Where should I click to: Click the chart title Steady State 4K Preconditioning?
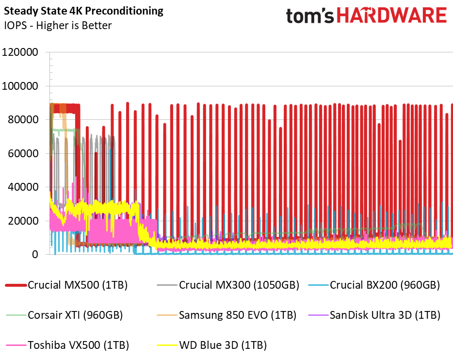pyautogui.click(x=84, y=11)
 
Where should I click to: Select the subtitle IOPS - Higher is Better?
pyautogui.click(x=58, y=25)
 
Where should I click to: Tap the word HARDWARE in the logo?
pyautogui.click(x=391, y=16)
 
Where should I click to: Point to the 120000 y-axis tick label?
pyautogui.click(x=20, y=52)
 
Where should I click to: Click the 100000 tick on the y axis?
pyautogui.click(x=20, y=86)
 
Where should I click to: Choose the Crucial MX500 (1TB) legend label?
pyautogui.click(x=78, y=285)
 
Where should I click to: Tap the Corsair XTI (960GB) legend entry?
pyautogui.click(x=75, y=315)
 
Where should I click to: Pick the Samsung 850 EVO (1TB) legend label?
pyautogui.click(x=237, y=315)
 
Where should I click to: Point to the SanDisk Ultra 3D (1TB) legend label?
pyautogui.click(x=385, y=315)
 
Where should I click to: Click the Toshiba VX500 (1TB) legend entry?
pyautogui.click(x=78, y=345)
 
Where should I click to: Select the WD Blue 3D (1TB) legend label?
pyautogui.click(x=223, y=345)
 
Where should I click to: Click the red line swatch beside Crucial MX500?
pyautogui.click(x=15, y=285)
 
